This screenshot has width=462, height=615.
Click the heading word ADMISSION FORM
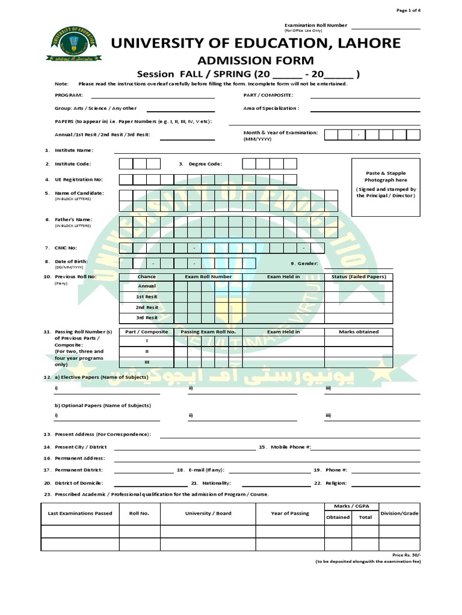[256, 60]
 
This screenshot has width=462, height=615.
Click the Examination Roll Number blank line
[386, 28]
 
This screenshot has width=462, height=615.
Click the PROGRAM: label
[69, 95]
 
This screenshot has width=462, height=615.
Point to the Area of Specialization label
[271, 108]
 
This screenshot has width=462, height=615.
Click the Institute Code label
[73, 163]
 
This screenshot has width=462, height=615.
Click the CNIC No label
[66, 247]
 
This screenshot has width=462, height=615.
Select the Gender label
[307, 263]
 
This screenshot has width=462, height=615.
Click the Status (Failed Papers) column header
[359, 277]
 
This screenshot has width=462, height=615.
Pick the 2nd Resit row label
[147, 307]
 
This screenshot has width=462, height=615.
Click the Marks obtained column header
[359, 332]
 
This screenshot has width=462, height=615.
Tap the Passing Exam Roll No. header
[208, 332]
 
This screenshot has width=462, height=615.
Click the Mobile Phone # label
[291, 447]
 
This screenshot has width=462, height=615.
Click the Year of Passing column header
[290, 514]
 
